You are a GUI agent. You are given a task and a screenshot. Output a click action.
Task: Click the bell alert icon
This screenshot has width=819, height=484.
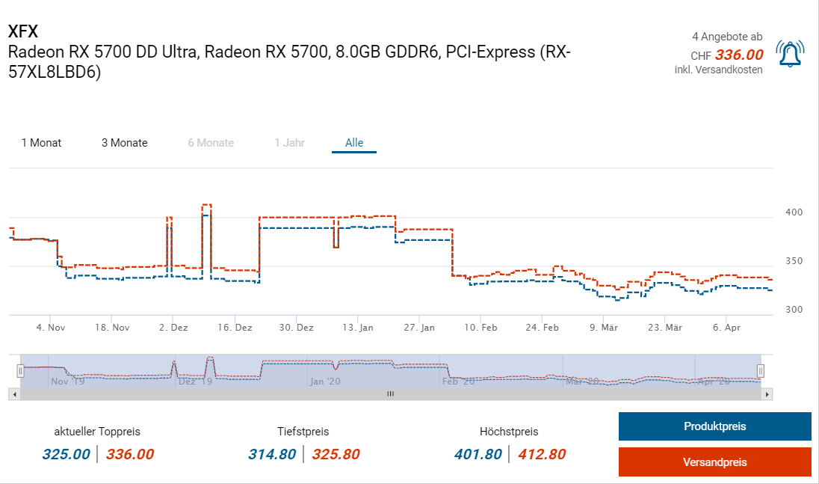pyautogui.click(x=790, y=54)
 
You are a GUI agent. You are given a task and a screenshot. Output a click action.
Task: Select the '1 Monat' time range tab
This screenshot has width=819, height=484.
pyautogui.click(x=41, y=143)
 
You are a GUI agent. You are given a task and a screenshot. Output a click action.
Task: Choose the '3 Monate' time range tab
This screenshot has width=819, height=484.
pyautogui.click(x=125, y=143)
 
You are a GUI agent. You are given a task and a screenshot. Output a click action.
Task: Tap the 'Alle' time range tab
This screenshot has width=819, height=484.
pyautogui.click(x=354, y=143)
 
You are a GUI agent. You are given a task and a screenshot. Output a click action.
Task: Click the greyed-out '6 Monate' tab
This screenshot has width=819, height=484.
pyautogui.click(x=211, y=143)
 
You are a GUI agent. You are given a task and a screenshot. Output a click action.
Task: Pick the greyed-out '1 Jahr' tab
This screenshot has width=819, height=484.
pyautogui.click(x=289, y=143)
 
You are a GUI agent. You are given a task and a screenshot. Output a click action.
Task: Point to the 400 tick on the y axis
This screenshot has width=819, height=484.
pyautogui.click(x=794, y=212)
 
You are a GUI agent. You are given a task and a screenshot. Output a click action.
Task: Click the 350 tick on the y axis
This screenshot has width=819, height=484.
pyautogui.click(x=794, y=261)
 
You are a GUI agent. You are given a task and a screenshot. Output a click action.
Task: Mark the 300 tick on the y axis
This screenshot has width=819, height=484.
pyautogui.click(x=794, y=310)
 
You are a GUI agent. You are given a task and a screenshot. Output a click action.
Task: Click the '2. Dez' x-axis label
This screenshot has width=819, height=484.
pyautogui.click(x=174, y=328)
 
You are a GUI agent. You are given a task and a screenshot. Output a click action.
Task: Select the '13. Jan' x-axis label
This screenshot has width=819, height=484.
pyautogui.click(x=359, y=328)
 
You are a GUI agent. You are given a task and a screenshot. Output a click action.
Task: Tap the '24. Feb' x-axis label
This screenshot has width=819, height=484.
pyautogui.click(x=543, y=328)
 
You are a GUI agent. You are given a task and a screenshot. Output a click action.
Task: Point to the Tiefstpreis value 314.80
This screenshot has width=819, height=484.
pyautogui.click(x=272, y=454)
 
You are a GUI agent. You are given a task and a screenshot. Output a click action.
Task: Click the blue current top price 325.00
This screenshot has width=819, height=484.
pyautogui.click(x=66, y=454)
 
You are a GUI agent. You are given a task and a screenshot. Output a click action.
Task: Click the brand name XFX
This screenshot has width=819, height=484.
pyautogui.click(x=22, y=31)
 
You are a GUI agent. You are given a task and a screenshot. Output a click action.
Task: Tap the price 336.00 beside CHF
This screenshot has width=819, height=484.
pyautogui.click(x=739, y=55)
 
